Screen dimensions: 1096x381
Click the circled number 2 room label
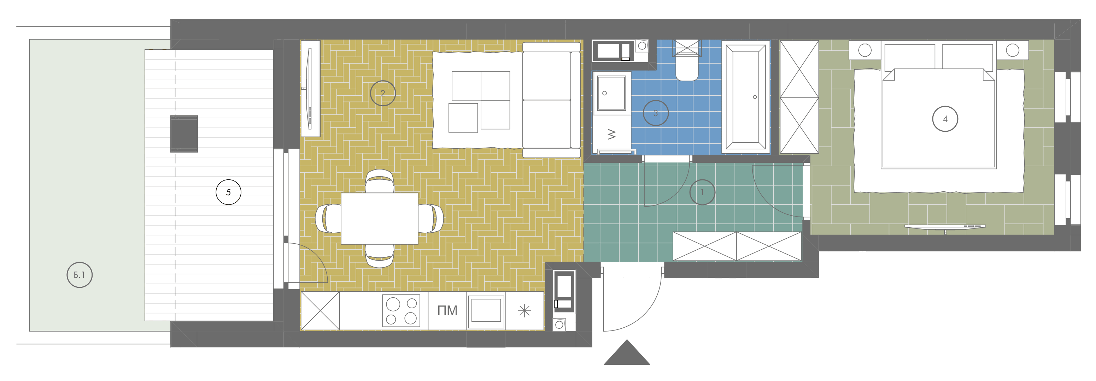pyautogui.click(x=383, y=94)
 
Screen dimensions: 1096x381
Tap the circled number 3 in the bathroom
pyautogui.click(x=656, y=113)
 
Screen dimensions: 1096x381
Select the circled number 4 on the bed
pyautogui.click(x=945, y=119)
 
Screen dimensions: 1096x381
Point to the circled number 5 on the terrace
pyautogui.click(x=228, y=192)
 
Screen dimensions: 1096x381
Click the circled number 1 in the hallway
pyautogui.click(x=702, y=192)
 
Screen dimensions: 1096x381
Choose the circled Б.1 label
pyautogui.click(x=80, y=275)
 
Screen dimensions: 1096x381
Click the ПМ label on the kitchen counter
pyautogui.click(x=447, y=310)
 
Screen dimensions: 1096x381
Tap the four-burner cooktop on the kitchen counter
pyautogui.click(x=401, y=310)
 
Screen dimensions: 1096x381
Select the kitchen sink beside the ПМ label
pyautogui.click(x=486, y=310)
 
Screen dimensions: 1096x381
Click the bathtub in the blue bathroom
pyautogui.click(x=746, y=97)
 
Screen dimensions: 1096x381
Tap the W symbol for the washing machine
pyautogui.click(x=612, y=135)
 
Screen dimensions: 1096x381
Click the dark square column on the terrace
pyautogui.click(x=184, y=133)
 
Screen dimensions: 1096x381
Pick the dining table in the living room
pyautogui.click(x=380, y=219)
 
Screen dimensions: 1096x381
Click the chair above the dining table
pyautogui.click(x=380, y=181)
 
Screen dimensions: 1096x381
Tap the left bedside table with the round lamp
pyautogui.click(x=865, y=50)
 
